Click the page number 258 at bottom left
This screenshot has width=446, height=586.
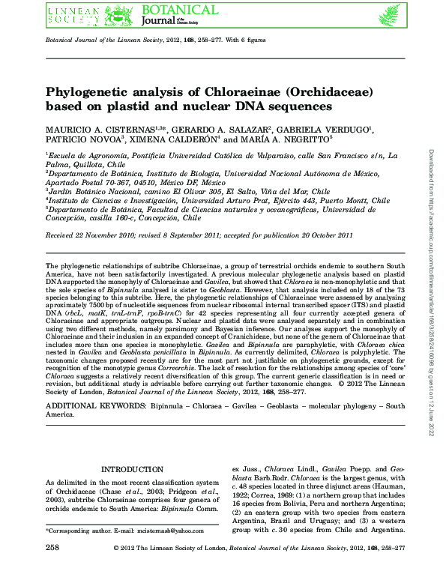coord(52,570)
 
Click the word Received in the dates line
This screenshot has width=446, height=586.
coord(62,234)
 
